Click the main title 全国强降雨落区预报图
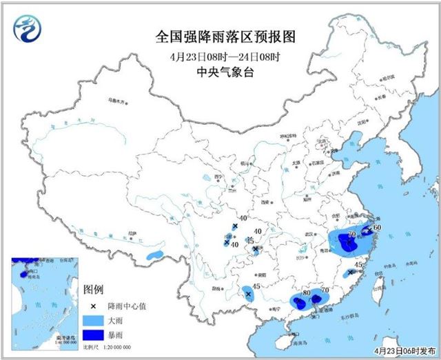pyautogui.click(x=220, y=35)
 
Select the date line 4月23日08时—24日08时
pyautogui.click(x=220, y=56)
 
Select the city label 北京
pyautogui.click(x=320, y=141)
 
